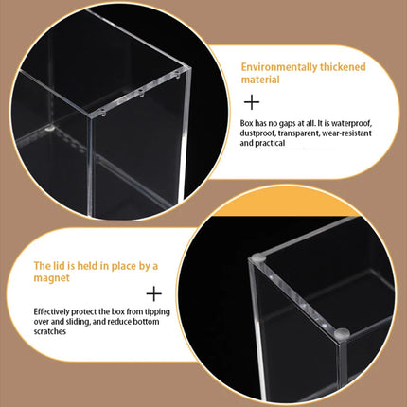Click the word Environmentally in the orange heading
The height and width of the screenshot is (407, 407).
tap(279, 67)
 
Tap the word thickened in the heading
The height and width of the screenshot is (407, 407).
tap(343, 67)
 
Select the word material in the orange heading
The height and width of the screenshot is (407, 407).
tap(260, 80)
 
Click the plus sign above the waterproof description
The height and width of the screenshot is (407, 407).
tap(252, 102)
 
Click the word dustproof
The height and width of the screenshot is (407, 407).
tap(257, 133)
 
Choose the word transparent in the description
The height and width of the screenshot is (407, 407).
tap(299, 133)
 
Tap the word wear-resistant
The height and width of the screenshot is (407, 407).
tap(346, 133)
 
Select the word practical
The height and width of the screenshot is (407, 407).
tap(270, 143)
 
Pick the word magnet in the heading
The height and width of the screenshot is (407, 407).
tap(52, 278)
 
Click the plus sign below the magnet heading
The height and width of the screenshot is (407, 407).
tap(154, 294)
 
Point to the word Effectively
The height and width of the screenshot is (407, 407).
tap(52, 311)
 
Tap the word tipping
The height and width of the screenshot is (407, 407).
tap(157, 312)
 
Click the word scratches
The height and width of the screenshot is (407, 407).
tap(50, 331)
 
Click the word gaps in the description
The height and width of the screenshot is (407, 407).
tap(286, 123)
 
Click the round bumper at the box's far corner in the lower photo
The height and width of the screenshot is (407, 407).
tap(257, 257)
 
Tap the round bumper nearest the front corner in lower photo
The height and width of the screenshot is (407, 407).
tap(342, 333)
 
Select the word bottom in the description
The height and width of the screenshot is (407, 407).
tap(147, 322)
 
